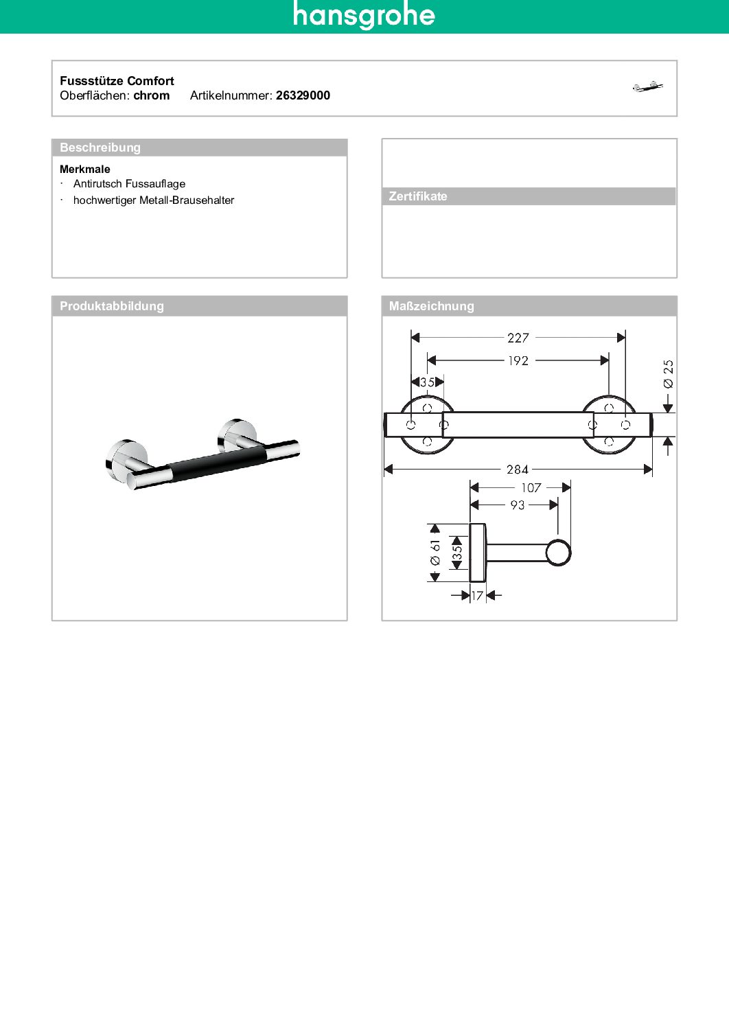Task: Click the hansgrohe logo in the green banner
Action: (364, 16)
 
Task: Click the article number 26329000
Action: (303, 95)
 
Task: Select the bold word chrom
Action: (152, 95)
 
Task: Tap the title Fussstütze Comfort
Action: (117, 81)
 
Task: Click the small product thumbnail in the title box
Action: (648, 86)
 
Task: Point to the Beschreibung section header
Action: (100, 148)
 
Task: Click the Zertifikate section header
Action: (418, 196)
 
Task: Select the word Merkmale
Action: (85, 170)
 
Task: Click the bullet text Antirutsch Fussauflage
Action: (129, 184)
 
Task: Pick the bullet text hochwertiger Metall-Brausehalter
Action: (154, 200)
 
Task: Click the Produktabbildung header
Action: (112, 306)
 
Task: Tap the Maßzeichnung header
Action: (431, 306)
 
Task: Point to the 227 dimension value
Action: (518, 338)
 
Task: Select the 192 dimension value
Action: (518, 361)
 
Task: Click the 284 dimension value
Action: (518, 470)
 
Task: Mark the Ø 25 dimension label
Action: (669, 374)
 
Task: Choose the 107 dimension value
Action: (531, 488)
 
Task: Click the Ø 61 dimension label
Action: (435, 553)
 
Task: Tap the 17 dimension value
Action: (478, 596)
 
